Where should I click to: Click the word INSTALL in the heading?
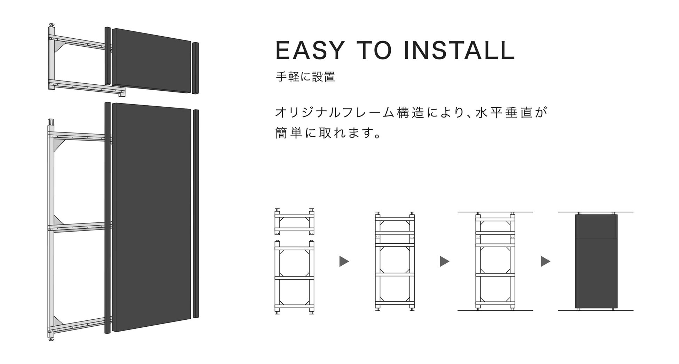pyautogui.click(x=459, y=51)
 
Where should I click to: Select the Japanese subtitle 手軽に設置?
pyautogui.click(x=305, y=77)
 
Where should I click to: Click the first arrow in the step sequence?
pyautogui.click(x=344, y=261)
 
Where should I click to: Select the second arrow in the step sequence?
pyautogui.click(x=444, y=261)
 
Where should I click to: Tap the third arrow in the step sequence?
pyautogui.click(x=545, y=261)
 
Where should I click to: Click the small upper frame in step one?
pyautogui.click(x=294, y=222)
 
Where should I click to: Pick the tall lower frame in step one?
pyautogui.click(x=294, y=277)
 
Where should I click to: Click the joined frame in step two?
pyautogui.click(x=395, y=261)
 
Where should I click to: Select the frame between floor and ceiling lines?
pyautogui.click(x=495, y=261)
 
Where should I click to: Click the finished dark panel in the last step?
pyautogui.click(x=596, y=261)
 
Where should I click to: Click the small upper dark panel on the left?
pyautogui.click(x=152, y=61)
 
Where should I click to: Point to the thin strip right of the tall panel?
pyautogui.click(x=196, y=213)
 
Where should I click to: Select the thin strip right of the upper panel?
pyautogui.click(x=195, y=68)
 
